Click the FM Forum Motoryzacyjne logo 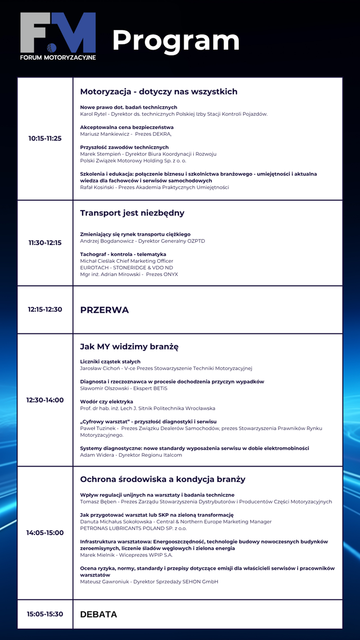(58, 36)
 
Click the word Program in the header (175, 40)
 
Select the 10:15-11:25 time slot (45, 138)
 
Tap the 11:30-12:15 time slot (45, 243)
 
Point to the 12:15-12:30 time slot (45, 310)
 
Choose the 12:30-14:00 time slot (45, 400)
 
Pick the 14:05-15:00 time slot (45, 533)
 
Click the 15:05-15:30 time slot (45, 614)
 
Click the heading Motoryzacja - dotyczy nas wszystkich (159, 92)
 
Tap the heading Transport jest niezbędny (132, 213)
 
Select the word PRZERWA (105, 310)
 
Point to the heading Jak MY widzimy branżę (129, 346)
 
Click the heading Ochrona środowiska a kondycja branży (162, 479)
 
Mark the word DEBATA (99, 615)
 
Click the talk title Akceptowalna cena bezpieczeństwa (127, 127)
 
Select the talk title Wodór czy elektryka (107, 402)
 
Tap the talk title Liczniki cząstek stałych (110, 362)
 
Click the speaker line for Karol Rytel (174, 114)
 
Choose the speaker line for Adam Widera (131, 455)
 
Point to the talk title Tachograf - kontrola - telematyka (123, 254)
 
